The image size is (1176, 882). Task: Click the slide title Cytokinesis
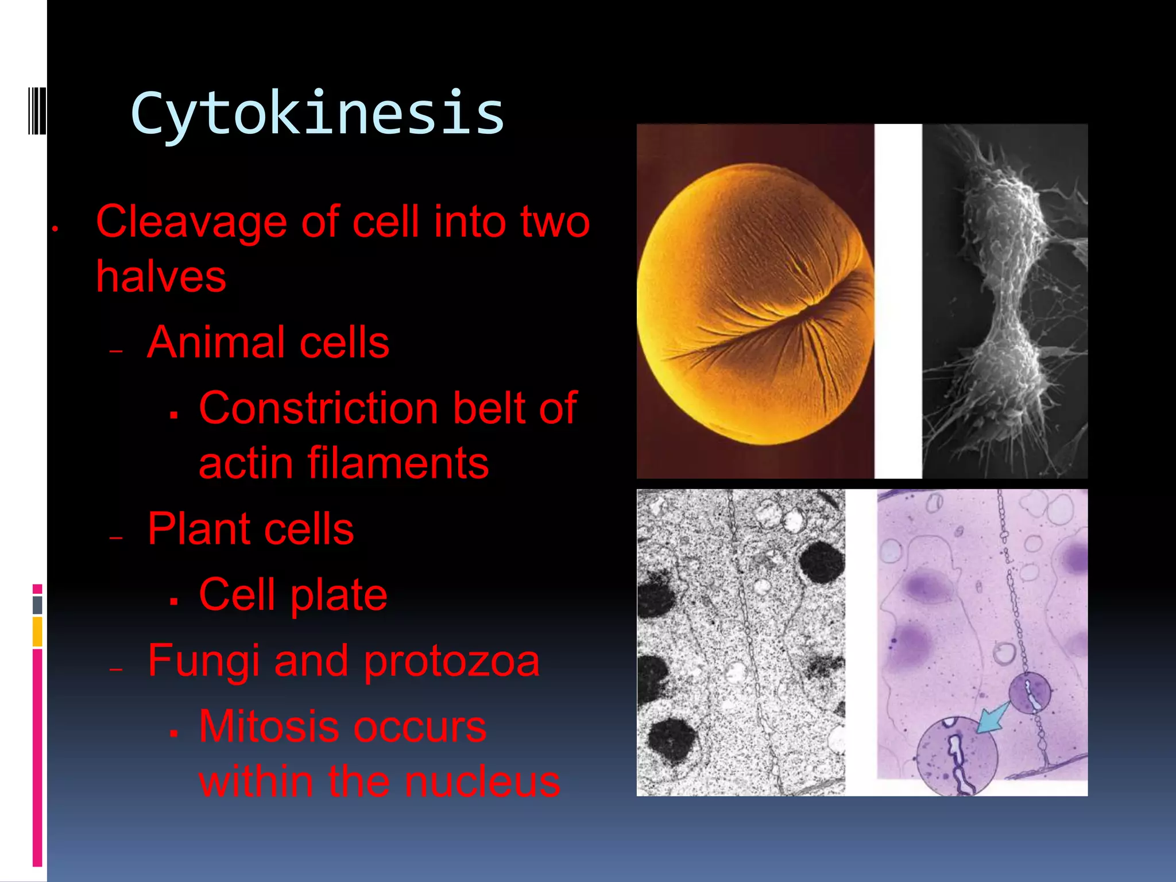click(317, 114)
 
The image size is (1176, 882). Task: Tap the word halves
click(161, 277)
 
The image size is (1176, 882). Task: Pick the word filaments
click(398, 463)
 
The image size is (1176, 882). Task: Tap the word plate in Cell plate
click(339, 595)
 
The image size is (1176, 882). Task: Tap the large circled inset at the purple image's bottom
click(957, 757)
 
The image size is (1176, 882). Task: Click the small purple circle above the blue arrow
click(1030, 693)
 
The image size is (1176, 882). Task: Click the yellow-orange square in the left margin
click(37, 631)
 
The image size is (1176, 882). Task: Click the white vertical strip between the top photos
click(898, 301)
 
